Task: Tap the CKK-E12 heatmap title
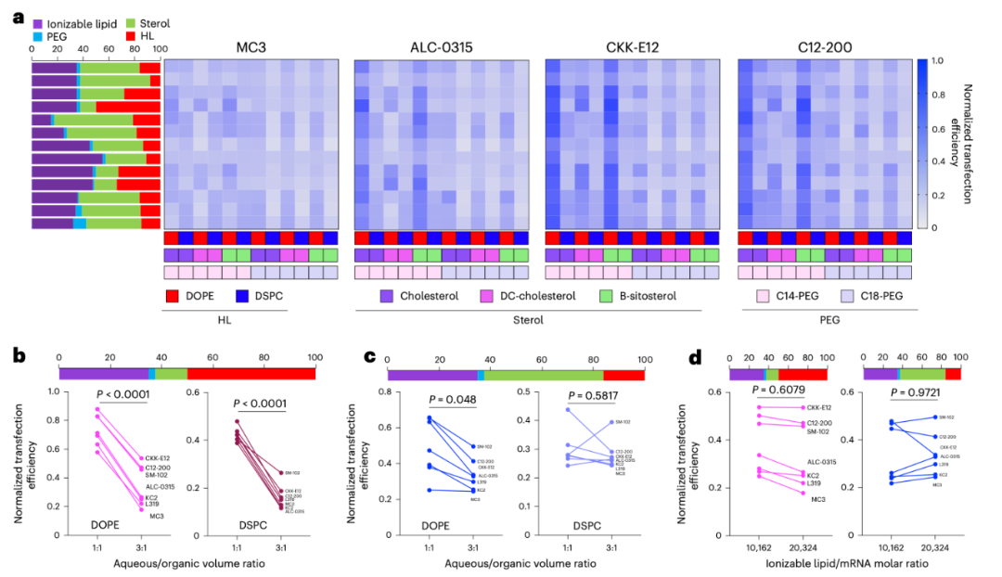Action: click(631, 47)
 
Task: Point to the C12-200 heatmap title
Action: click(823, 47)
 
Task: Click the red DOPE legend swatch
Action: click(173, 296)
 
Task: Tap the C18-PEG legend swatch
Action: click(850, 296)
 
